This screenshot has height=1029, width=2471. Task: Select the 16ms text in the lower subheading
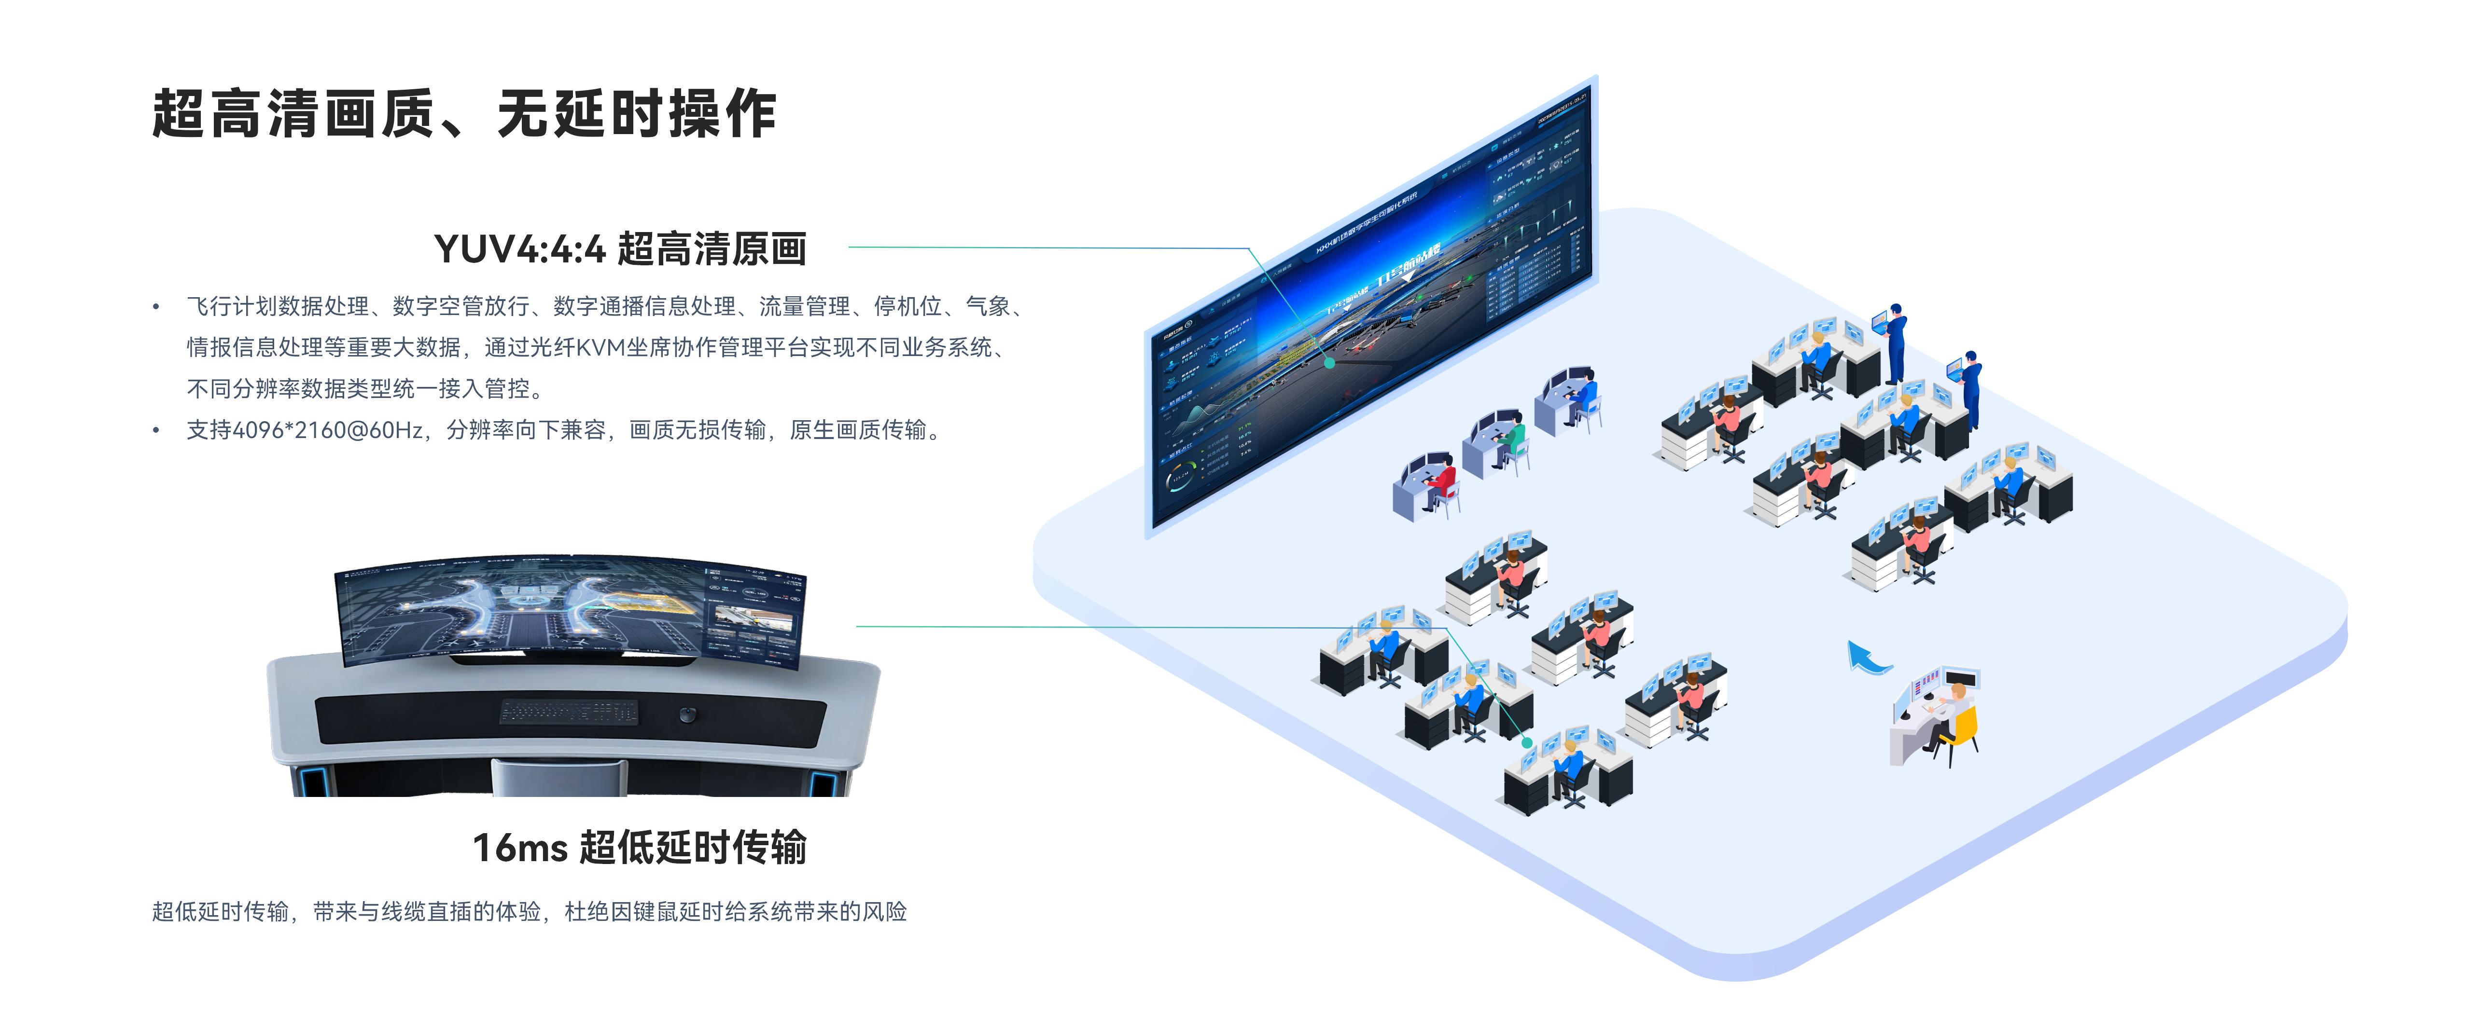520,848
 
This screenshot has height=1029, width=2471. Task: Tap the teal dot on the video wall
1329,362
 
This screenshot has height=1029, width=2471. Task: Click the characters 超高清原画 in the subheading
711,249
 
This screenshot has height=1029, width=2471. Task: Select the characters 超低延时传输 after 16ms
693,848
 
